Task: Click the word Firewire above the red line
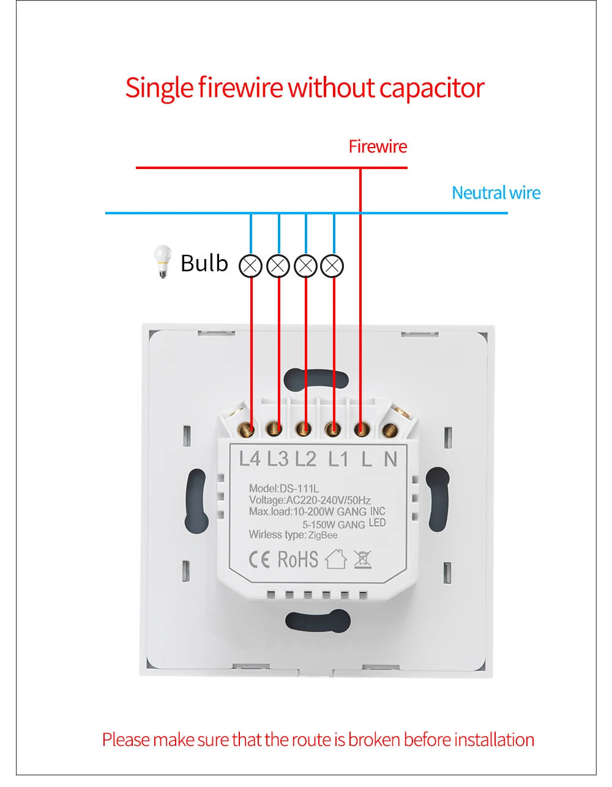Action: point(378,146)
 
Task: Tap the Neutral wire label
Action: point(496,193)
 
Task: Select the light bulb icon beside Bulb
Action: point(162,262)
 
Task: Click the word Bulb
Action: point(204,263)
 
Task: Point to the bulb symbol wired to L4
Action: point(251,266)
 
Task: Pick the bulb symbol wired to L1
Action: point(332,266)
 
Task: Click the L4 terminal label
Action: point(250,458)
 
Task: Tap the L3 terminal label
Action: point(277,458)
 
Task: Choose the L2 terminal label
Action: point(305,458)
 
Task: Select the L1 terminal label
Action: point(338,458)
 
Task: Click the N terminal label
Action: point(390,458)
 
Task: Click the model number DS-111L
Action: point(299,489)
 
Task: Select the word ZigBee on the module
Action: point(323,535)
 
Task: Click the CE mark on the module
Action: point(259,559)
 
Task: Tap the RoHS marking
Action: point(298,559)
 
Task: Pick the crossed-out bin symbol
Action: point(362,559)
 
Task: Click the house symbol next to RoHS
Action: point(335,559)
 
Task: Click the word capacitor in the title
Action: point(431,88)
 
